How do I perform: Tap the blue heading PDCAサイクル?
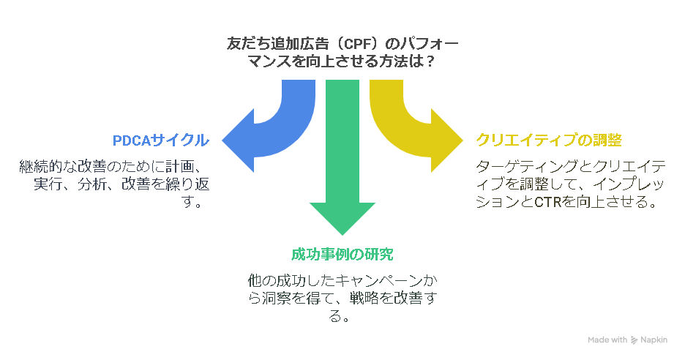pyautogui.click(x=161, y=140)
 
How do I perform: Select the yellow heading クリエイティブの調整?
pyautogui.click(x=549, y=140)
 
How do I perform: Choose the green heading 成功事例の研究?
pyautogui.click(x=342, y=255)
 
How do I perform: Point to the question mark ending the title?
pyautogui.click(x=431, y=61)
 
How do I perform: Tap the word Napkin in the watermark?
pyautogui.click(x=654, y=340)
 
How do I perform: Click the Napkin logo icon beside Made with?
pyautogui.click(x=634, y=340)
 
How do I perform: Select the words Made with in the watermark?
pyautogui.click(x=607, y=340)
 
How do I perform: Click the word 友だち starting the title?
pyautogui.click(x=248, y=44)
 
